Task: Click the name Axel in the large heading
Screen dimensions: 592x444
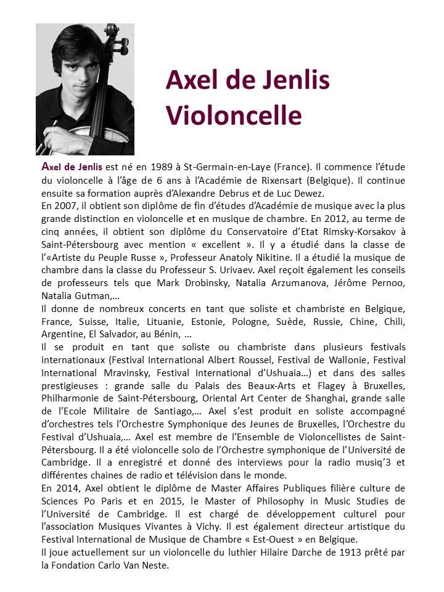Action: pos(192,81)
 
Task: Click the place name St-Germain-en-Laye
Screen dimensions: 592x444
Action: pos(225,167)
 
